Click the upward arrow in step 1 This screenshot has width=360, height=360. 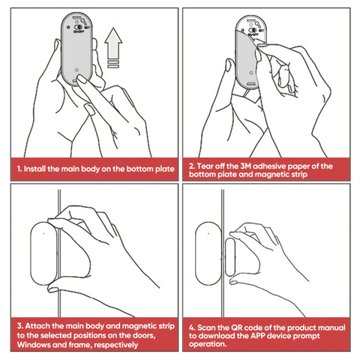[x=113, y=43]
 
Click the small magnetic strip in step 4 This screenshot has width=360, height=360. [x=230, y=257]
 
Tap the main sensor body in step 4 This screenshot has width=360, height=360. [x=208, y=254]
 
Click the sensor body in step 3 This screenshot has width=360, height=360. [x=43, y=253]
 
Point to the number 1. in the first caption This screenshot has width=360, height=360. [x=19, y=169]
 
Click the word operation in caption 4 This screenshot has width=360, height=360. [x=208, y=344]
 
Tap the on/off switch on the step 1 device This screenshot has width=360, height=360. [x=79, y=27]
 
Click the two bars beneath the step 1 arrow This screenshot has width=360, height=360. [x=113, y=64]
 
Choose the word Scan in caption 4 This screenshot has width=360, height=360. [x=205, y=328]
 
